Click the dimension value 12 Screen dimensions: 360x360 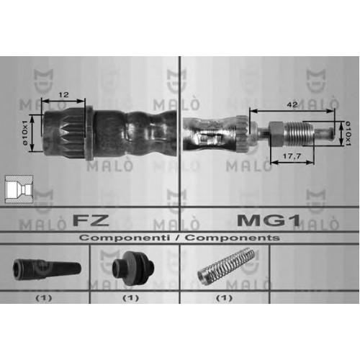63,94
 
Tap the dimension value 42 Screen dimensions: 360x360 292,104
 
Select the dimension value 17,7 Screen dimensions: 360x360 292,156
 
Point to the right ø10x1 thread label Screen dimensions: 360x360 348,134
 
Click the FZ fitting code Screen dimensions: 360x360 91,220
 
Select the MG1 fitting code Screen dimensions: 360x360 269,220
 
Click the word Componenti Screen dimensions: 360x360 125,238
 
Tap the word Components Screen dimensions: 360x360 233,238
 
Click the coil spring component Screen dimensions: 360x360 225,266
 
